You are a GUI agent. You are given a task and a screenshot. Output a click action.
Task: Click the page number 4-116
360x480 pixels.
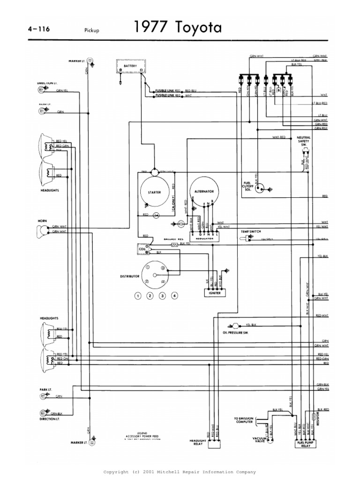(x=39, y=29)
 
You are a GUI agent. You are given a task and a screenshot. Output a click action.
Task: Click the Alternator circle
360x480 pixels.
(x=204, y=192)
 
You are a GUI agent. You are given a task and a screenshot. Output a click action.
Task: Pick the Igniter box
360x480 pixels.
(x=213, y=292)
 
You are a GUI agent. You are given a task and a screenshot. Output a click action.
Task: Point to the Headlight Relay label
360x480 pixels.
(x=197, y=443)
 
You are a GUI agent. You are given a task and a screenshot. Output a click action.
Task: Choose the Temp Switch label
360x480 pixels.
(x=251, y=232)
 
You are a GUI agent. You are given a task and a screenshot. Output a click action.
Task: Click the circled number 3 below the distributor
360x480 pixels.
(x=162, y=296)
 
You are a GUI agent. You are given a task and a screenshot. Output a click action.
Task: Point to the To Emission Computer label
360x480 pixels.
(x=243, y=420)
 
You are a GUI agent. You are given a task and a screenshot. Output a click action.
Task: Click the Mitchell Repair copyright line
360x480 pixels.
(x=180, y=472)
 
